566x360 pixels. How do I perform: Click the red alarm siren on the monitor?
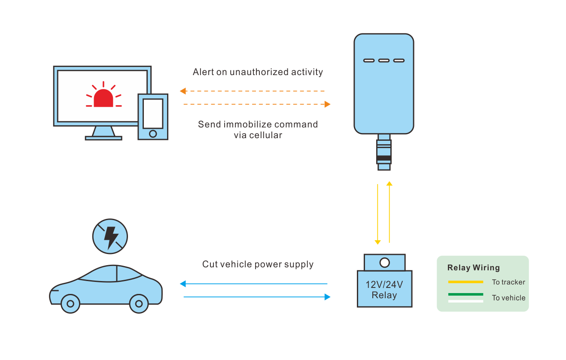[103, 97]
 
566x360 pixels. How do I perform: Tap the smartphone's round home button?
[153, 133]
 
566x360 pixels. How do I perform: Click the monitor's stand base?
[103, 138]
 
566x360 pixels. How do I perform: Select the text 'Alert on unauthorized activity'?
[258, 72]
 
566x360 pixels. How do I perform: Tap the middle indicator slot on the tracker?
[384, 61]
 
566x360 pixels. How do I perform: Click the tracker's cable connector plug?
[384, 152]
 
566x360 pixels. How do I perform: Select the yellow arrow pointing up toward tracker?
[389, 212]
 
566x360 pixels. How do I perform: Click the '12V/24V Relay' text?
[384, 290]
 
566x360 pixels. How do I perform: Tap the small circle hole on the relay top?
[385, 262]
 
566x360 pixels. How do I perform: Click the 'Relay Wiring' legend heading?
[474, 268]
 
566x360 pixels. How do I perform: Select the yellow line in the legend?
[466, 282]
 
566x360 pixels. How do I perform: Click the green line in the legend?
[466, 294]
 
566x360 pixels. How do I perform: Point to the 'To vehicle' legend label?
[508, 298]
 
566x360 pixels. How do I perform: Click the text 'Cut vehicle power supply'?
[258, 264]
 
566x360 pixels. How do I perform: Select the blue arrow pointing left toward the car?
[253, 284]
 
